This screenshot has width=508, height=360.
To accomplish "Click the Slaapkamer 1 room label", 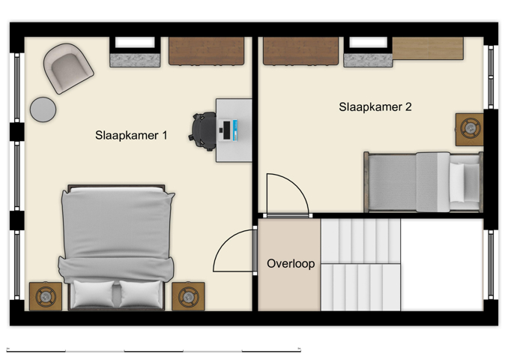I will (x=131, y=136).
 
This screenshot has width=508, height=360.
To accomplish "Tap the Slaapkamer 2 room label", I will (x=375, y=107).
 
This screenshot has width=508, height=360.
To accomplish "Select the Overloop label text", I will (x=291, y=264).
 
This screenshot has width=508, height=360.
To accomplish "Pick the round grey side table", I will (x=43, y=109).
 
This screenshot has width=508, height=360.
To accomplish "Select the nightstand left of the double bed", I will (x=45, y=296).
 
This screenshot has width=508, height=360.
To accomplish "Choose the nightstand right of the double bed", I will (x=187, y=296).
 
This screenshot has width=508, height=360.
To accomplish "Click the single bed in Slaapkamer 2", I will (x=422, y=181).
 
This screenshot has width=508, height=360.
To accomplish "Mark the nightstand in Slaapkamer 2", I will (x=470, y=129).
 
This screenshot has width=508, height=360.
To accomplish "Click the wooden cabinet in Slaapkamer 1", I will (x=206, y=51).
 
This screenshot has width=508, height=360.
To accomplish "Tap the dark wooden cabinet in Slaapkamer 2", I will (x=300, y=51).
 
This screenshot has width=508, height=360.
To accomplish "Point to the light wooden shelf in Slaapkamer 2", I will (x=428, y=48).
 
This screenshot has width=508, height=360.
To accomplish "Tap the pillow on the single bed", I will (x=464, y=181).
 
